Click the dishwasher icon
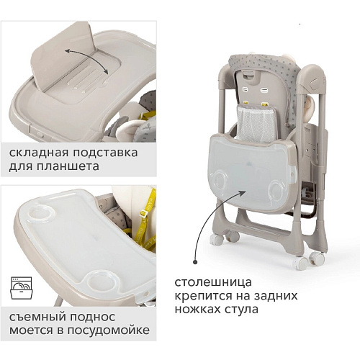(x=21, y=288)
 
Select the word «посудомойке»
(x=108, y=330)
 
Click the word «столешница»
(x=213, y=282)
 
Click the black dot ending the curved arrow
(x=195, y=262)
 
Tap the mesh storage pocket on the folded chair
(x=256, y=124)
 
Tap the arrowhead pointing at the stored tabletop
(x=243, y=194)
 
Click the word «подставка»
(x=105, y=153)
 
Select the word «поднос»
(x=93, y=318)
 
